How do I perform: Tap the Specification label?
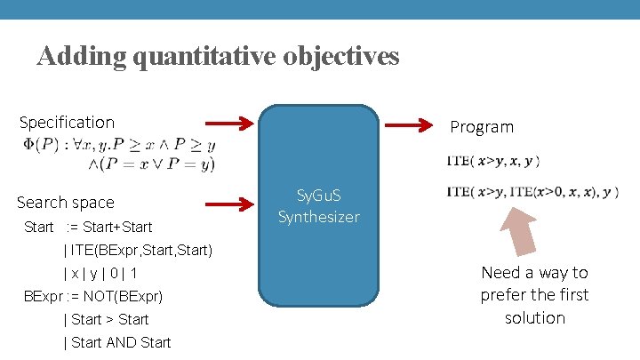click(67, 122)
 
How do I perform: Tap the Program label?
click(482, 127)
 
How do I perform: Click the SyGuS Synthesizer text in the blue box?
click(318, 205)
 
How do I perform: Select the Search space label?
click(66, 203)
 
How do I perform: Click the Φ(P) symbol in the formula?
click(36, 145)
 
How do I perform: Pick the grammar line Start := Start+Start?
click(88, 227)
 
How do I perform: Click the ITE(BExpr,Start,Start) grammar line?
click(138, 250)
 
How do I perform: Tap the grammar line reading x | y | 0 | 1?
click(100, 273)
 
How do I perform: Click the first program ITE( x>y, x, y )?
click(492, 161)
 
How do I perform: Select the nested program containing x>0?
click(532, 192)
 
